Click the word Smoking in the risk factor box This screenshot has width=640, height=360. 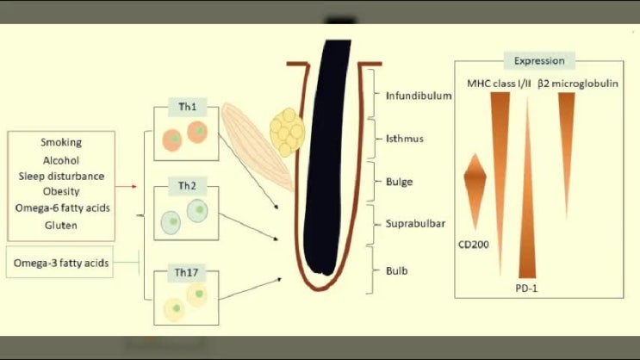tap(61, 143)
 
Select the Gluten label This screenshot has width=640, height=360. tap(61, 225)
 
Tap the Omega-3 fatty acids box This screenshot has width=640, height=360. tap(61, 262)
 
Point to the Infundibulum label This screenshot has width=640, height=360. tap(419, 96)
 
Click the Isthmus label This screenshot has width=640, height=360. tap(404, 138)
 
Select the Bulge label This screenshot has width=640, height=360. tap(400, 182)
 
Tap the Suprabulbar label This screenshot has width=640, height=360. tap(412, 224)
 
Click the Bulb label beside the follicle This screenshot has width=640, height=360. tap(398, 270)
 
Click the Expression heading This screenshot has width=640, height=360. tap(538, 61)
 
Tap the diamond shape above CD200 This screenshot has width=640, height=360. tap(475, 181)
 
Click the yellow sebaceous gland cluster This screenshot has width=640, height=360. tap(288, 130)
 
